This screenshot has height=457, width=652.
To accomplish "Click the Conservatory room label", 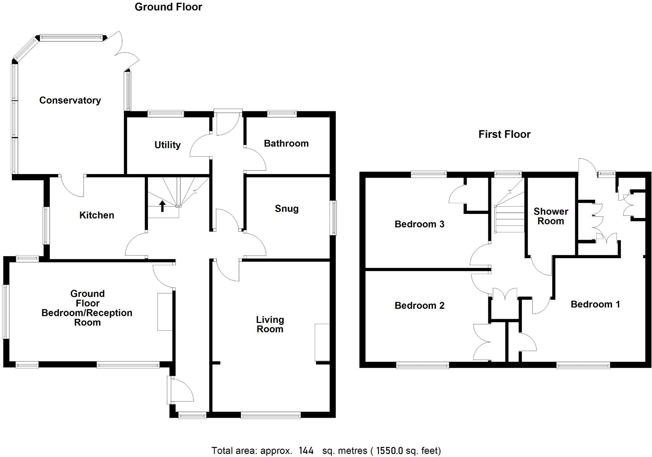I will tap(70, 100).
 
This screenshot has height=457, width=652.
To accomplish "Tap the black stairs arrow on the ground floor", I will tap(162, 206).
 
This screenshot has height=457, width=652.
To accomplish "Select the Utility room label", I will tap(167, 145).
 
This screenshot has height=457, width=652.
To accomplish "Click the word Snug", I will tap(286, 209).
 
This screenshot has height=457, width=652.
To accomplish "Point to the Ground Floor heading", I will tap(168, 7).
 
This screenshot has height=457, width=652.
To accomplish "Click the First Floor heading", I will tap(504, 134).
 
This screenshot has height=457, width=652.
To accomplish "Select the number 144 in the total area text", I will tap(306, 451).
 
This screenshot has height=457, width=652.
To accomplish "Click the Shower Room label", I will tap(551, 216).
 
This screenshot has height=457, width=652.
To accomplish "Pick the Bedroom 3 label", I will tap(419, 224).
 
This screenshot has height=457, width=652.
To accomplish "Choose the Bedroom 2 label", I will tap(419, 305).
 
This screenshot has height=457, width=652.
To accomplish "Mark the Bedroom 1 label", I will tap(595, 304).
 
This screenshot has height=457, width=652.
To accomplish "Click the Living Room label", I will tap(270, 324).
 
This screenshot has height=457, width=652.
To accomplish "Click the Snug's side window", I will tap(334, 218).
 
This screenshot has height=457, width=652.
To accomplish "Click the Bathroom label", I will tap(286, 144).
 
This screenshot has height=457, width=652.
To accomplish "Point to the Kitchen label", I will tap(97, 215).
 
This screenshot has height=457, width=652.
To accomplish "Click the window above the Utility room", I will tap(166, 114).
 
